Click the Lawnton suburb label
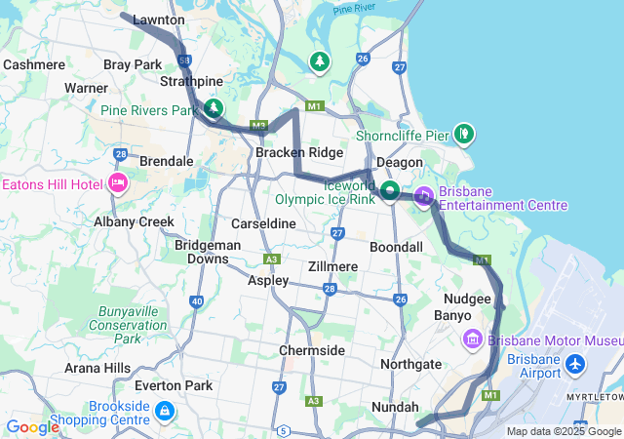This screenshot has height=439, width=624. pyautogui.click(x=158, y=20)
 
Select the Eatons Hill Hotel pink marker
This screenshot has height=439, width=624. pyautogui.click(x=119, y=183)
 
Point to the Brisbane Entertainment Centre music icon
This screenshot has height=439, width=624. pyautogui.click(x=424, y=196)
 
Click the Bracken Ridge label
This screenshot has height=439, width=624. pyautogui.click(x=299, y=153)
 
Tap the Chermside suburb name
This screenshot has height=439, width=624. pyautogui.click(x=312, y=350)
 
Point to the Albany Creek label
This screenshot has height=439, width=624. pyautogui.click(x=134, y=222)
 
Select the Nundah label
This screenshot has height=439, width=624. pyautogui.click(x=395, y=407)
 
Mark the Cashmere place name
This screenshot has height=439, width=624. pyautogui.click(x=34, y=64)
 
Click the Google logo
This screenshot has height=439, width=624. pyautogui.click(x=32, y=426)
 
